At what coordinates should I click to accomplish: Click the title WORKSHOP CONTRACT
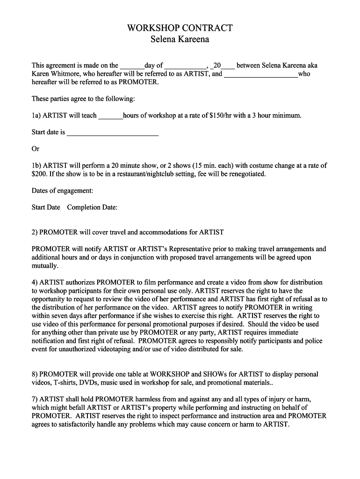180,28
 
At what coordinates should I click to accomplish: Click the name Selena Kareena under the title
180,39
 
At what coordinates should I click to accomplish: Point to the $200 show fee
39,174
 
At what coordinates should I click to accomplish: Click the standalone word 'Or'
36,149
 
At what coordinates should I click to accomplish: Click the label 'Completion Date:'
92,207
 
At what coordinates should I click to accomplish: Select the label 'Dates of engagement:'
62,191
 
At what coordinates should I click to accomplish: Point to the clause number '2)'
35,232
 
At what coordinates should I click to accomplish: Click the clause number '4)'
35,283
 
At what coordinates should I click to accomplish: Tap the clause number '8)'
35,374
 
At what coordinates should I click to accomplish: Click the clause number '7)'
35,399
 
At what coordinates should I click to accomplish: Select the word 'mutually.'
45,266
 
